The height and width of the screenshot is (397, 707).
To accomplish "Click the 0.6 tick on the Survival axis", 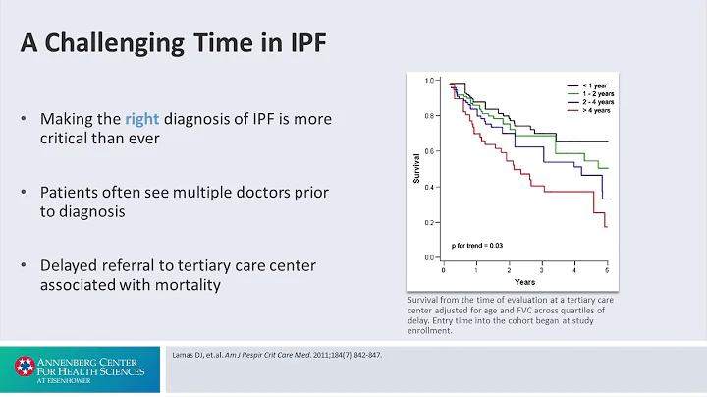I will click(x=428, y=151).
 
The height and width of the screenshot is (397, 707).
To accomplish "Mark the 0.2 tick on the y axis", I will click(x=428, y=223).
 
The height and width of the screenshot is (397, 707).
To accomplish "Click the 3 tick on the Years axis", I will click(x=542, y=268).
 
